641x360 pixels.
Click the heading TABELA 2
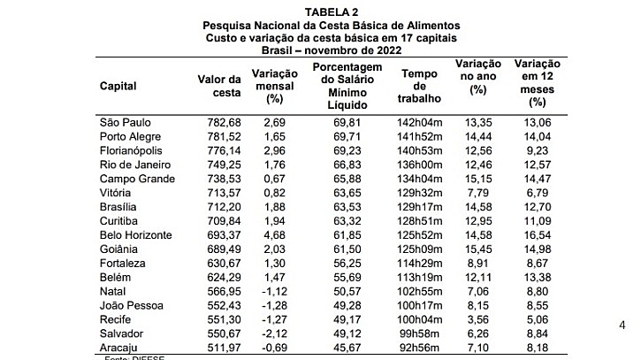coord(332,12)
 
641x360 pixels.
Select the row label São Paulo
coord(125,123)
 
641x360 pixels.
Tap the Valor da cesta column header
coord(219,86)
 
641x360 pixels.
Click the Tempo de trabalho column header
coord(419,86)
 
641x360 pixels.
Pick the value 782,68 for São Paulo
coord(224,123)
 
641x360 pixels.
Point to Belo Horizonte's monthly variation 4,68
coord(275,235)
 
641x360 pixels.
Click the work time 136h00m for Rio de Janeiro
coord(419,165)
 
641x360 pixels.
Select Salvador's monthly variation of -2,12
coord(275,333)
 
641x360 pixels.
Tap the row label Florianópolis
coord(131,151)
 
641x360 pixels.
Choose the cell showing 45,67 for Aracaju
coord(347,348)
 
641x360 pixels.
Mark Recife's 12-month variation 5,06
coord(538,319)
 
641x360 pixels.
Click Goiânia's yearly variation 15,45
coord(478,249)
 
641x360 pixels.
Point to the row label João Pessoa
coord(131,305)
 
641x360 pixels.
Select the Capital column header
coord(118,87)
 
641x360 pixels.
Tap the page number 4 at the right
coord(622,326)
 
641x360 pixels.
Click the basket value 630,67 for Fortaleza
coord(224,264)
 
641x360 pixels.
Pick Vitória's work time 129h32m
coord(419,193)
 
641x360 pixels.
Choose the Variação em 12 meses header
coord(538,83)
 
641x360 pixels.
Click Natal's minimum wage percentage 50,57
coord(347,292)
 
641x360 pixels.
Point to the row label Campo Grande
coord(137,180)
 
